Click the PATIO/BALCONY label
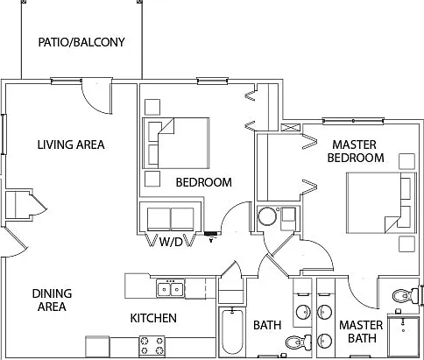[x=81, y=42]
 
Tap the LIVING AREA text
[x=71, y=145]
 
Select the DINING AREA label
[x=52, y=300]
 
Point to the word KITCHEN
[x=153, y=318]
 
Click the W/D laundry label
[x=171, y=242]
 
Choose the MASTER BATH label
[x=361, y=332]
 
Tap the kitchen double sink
[x=170, y=289]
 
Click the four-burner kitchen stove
[x=152, y=346]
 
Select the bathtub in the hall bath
[x=232, y=332]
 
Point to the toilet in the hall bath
[x=298, y=342]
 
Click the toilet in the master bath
[x=406, y=296]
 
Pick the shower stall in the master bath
[x=404, y=335]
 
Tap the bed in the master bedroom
[x=381, y=203]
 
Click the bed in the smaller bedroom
[x=176, y=143]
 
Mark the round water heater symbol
[x=267, y=215]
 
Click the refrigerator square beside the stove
[x=97, y=346]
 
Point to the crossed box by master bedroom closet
[x=290, y=128]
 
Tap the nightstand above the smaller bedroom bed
[x=152, y=107]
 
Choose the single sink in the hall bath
[x=303, y=312]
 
